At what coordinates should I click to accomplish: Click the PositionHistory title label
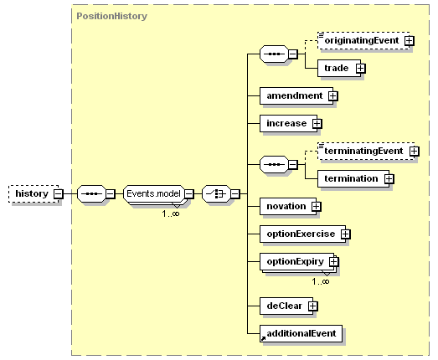tap(111, 16)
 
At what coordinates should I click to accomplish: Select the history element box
tap(33, 193)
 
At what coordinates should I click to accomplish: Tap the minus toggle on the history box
tap(59, 193)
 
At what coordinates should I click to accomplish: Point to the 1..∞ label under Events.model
tap(171, 214)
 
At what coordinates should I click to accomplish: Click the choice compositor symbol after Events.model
tap(216, 193)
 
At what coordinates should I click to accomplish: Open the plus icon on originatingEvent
tap(410, 41)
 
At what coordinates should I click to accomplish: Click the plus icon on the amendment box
tap(332, 95)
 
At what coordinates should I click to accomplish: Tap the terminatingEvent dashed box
tap(366, 151)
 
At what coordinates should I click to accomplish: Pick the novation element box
tap(288, 207)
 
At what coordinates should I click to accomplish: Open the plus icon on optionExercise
tap(346, 234)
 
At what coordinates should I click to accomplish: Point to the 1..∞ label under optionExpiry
tap(321, 281)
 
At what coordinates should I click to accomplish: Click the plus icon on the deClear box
tap(313, 306)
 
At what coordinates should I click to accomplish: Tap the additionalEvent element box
tap(301, 333)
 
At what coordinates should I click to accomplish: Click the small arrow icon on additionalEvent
tap(263, 339)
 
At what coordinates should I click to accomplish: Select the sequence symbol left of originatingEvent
tap(274, 54)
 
